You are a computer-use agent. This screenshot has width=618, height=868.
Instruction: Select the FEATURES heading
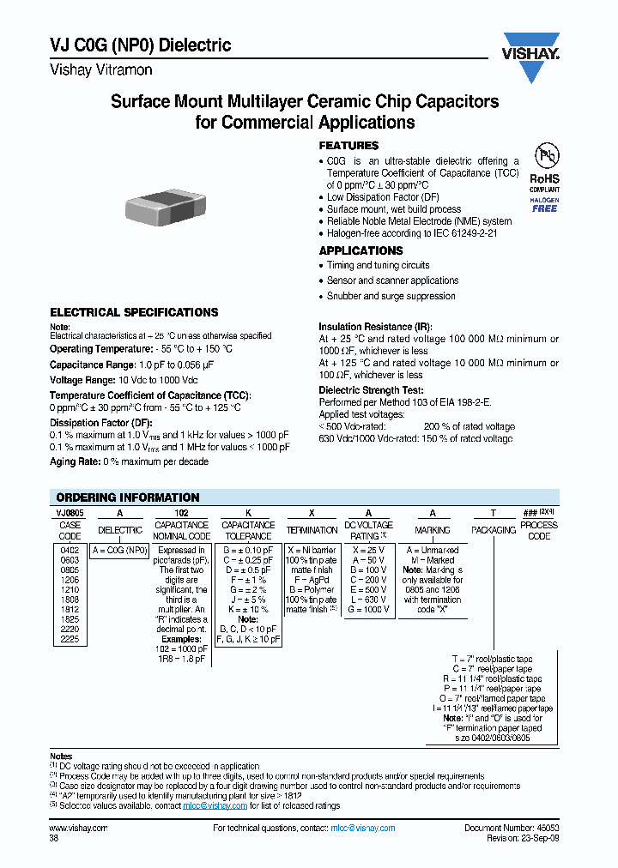(348, 146)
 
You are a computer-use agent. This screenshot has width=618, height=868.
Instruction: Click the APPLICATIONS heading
(360, 250)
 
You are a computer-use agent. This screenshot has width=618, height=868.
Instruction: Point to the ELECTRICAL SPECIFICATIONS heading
(134, 312)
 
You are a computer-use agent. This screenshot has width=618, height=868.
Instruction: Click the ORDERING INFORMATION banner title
(127, 497)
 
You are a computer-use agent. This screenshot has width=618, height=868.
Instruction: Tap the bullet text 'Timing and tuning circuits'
(378, 266)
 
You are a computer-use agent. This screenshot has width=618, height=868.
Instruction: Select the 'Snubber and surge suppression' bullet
(391, 296)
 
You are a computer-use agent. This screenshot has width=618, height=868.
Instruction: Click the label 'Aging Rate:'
(76, 461)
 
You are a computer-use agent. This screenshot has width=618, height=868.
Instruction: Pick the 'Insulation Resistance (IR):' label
(376, 327)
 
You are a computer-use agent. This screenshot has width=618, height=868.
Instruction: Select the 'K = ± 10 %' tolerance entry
(247, 609)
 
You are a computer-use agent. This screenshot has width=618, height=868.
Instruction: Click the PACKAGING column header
(494, 530)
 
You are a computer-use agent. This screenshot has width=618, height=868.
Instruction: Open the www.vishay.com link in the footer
(78, 828)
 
